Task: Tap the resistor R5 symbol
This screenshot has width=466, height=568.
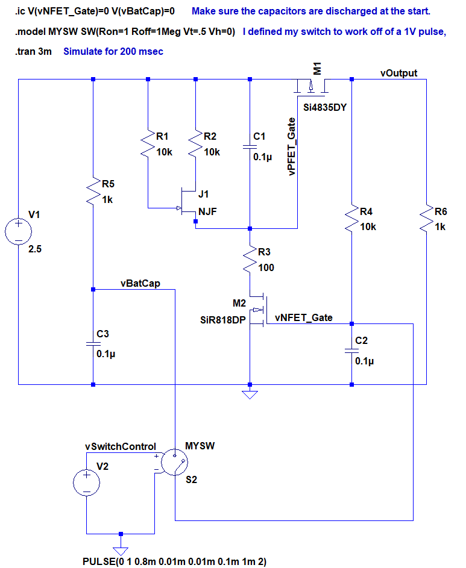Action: tap(93, 190)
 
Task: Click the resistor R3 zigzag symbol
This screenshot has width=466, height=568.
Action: tap(250, 260)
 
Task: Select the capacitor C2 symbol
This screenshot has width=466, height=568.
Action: tap(351, 350)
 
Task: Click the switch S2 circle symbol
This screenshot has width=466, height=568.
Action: tap(175, 463)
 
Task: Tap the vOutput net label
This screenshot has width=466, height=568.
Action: tap(398, 73)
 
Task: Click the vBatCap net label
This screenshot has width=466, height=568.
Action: tap(140, 284)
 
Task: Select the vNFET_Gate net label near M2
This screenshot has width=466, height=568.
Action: tap(303, 317)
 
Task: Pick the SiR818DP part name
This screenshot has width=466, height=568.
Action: tap(223, 320)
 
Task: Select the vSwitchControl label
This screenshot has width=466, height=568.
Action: tap(121, 446)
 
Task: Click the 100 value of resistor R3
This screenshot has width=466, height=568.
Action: tap(266, 267)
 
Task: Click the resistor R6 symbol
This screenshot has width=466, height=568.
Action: tap(426, 220)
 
